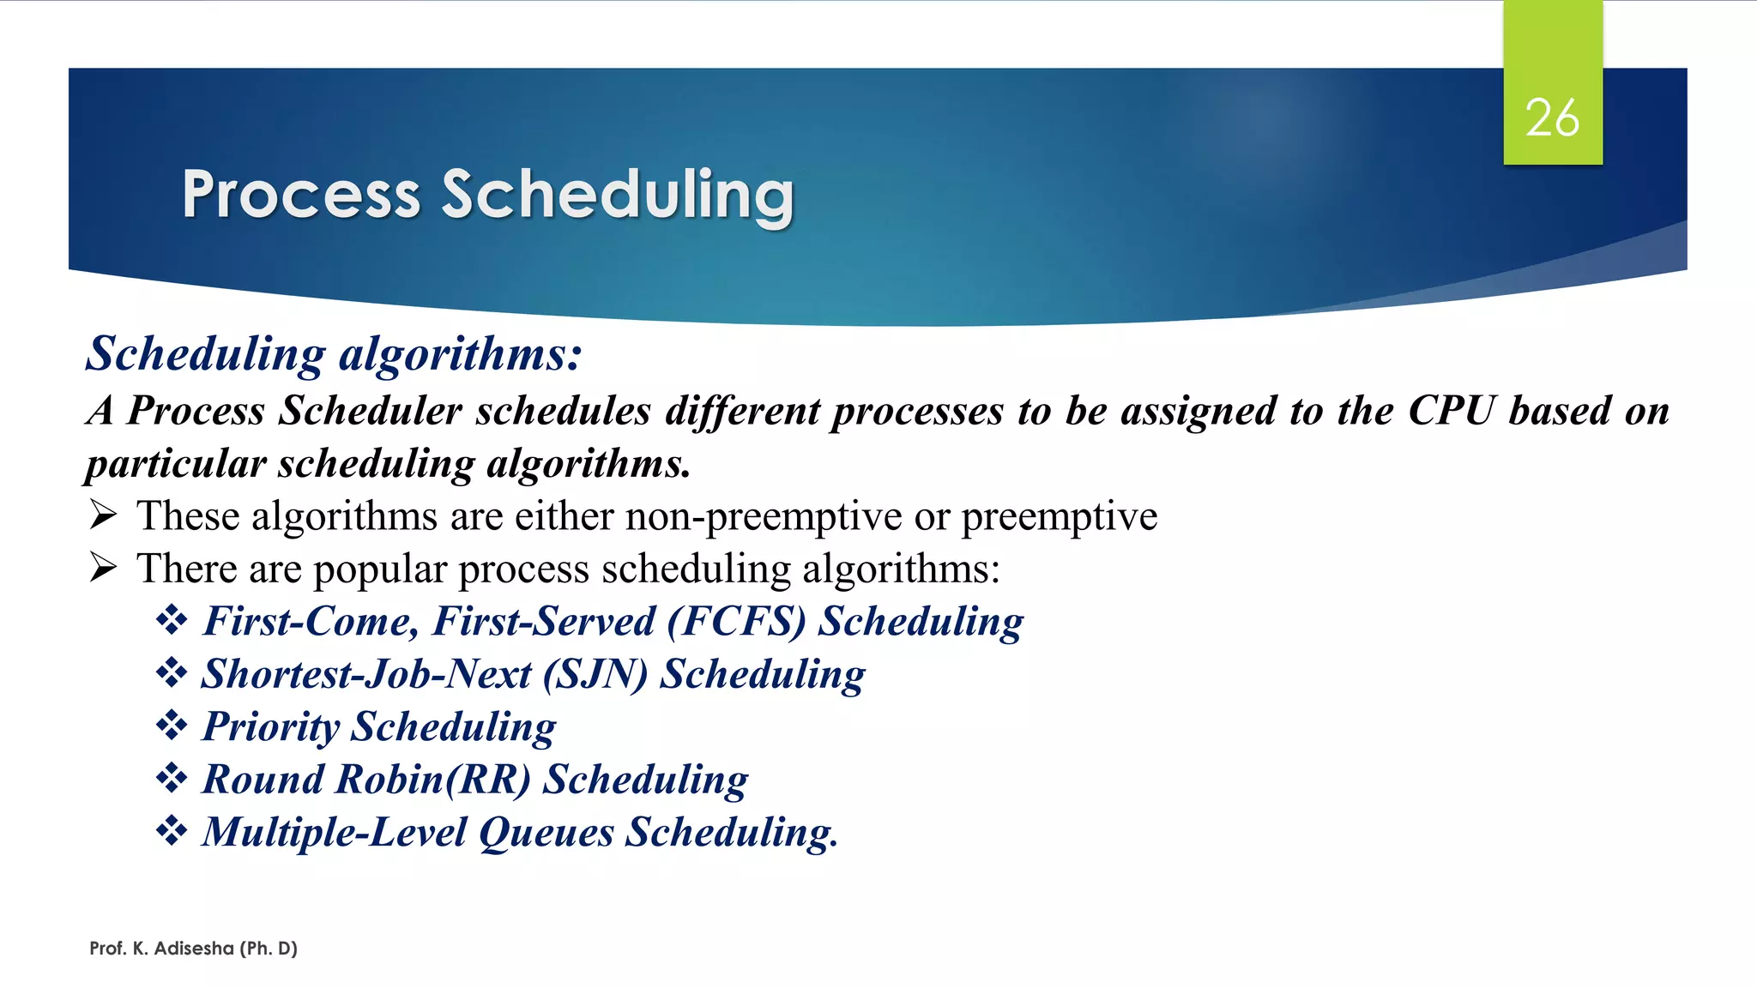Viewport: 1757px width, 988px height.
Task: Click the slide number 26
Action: [x=1552, y=117]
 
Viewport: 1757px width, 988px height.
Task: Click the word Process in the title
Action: [x=301, y=195]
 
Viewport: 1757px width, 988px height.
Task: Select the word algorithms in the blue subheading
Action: [x=461, y=354]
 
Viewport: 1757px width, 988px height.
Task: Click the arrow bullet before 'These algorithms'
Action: [x=104, y=515]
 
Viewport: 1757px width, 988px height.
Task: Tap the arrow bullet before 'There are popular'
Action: [x=104, y=568]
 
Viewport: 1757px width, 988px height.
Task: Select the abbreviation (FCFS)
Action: [x=737, y=622]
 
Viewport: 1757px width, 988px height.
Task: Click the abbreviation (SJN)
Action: [x=595, y=674]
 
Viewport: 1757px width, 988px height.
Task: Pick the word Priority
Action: [x=271, y=727]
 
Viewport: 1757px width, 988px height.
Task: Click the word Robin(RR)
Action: [x=433, y=780]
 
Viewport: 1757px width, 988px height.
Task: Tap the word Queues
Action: [x=546, y=833]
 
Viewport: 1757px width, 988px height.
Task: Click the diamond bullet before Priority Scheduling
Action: [x=172, y=726]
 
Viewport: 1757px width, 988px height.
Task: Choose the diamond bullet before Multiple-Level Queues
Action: [x=172, y=831]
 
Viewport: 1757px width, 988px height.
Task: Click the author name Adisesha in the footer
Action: [x=194, y=949]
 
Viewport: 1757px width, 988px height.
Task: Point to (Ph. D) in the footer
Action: [x=269, y=949]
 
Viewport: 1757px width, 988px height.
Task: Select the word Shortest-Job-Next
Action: [x=366, y=674]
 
